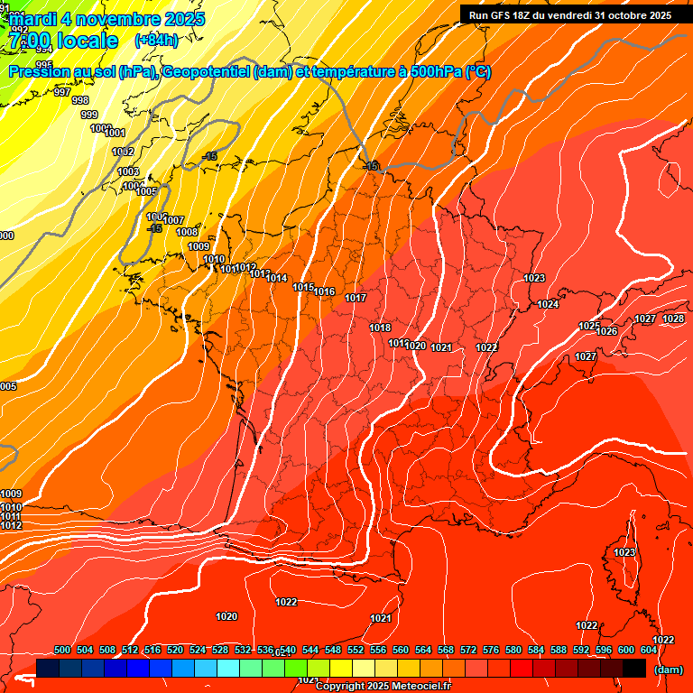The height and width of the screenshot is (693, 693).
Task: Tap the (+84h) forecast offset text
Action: coord(156,40)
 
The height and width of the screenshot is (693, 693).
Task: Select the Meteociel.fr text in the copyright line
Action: coord(422,687)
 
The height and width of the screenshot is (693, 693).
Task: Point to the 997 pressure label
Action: coord(62,93)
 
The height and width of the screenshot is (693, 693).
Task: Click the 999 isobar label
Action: coord(89,115)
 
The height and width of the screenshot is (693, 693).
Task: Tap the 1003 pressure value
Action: coord(128,171)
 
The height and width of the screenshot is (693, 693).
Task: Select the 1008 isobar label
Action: coord(187,232)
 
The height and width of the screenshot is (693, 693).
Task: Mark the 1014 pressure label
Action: coord(276,278)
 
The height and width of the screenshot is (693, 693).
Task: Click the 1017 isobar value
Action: coord(356,298)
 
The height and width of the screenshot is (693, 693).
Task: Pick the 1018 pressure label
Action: coord(380,328)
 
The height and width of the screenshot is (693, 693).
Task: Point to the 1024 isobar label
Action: coord(548,304)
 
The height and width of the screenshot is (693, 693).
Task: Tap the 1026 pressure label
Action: coord(606,331)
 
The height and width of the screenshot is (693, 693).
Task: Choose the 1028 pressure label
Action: coord(673,319)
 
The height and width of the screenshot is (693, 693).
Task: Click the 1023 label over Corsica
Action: coord(624,552)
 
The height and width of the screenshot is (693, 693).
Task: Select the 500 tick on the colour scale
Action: coord(62,650)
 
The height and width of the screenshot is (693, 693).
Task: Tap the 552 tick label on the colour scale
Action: coord(356,650)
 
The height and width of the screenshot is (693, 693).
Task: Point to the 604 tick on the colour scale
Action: coord(648,650)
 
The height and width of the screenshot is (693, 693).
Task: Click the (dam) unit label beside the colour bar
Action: coord(668,669)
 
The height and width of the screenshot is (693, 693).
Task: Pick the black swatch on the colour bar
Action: coord(634,668)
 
